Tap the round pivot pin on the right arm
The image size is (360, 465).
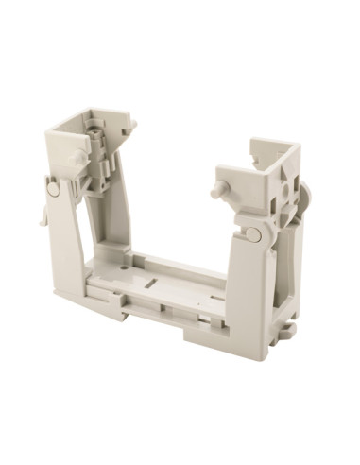click(254, 233)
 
